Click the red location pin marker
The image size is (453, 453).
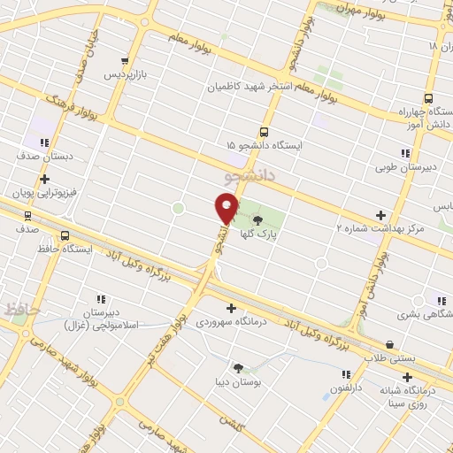tap(226, 209)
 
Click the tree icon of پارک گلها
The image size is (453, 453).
tap(257, 219)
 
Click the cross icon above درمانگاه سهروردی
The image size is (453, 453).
tap(232, 308)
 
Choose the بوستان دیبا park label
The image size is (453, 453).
tap(238, 381)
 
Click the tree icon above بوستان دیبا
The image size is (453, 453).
tap(238, 367)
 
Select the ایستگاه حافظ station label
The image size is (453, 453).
tap(92, 249)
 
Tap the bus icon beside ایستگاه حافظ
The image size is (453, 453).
tap(65, 235)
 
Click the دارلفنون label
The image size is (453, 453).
tap(347, 388)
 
